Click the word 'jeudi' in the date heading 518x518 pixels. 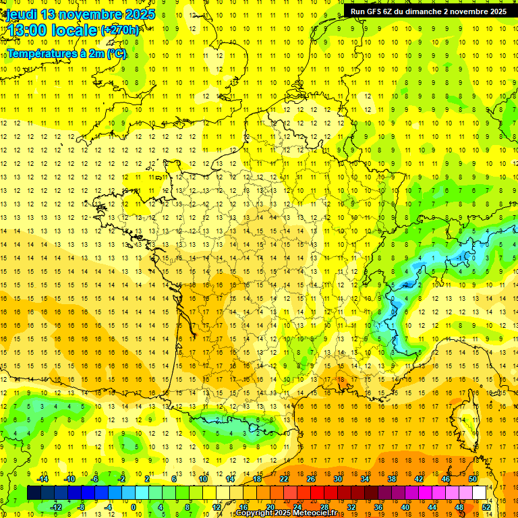point(20,14)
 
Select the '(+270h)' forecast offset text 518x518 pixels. point(121,30)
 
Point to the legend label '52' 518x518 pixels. point(486,507)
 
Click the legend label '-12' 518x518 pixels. point(56,507)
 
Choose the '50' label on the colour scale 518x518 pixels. point(472,479)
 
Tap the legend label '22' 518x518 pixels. point(284,479)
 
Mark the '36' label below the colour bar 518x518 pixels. point(378,507)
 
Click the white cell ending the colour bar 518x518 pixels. point(479,493)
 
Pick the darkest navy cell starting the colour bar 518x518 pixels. point(34,493)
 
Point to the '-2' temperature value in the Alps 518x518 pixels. point(407,285)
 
